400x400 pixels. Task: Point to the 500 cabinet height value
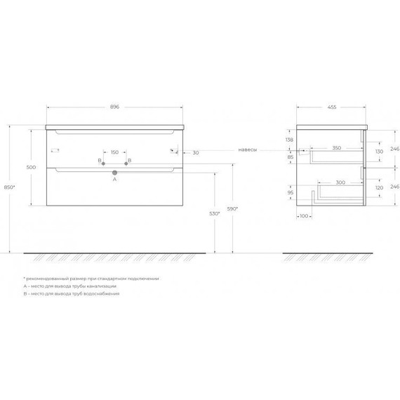(30, 167)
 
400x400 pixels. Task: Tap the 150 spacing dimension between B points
(114, 151)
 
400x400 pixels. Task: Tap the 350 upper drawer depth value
(336, 148)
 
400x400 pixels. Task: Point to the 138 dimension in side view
(290, 140)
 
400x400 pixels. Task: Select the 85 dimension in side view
(290, 157)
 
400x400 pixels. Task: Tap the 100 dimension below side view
(304, 216)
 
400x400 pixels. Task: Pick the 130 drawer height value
(379, 152)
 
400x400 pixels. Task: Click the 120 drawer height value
(379, 189)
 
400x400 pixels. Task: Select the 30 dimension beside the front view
(196, 152)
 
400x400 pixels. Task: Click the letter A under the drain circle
(114, 179)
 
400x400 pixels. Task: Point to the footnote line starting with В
(70, 294)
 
